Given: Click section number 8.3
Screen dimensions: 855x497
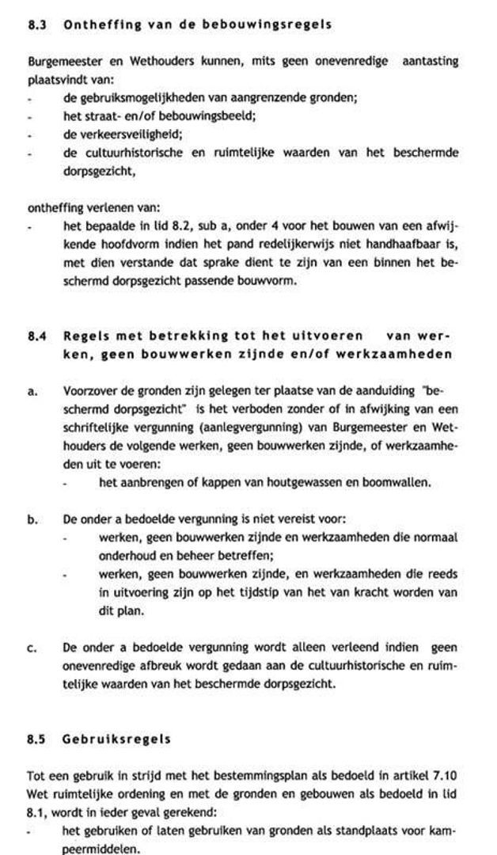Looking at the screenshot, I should tap(36, 25).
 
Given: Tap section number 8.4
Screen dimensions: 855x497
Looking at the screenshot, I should tap(36, 336).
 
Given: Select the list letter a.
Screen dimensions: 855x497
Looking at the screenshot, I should tap(32, 390).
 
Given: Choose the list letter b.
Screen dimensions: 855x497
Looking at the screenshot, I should tap(32, 520).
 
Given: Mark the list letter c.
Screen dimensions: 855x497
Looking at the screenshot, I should tap(32, 648).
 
